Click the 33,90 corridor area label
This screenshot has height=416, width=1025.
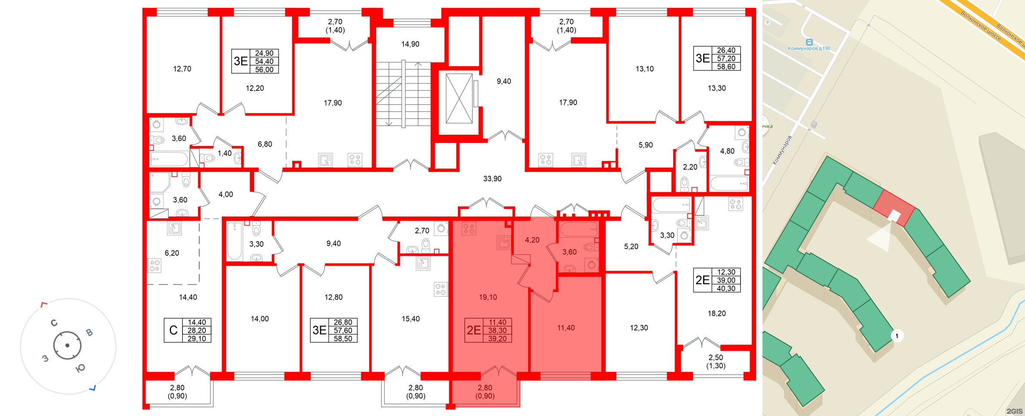coord(492,179)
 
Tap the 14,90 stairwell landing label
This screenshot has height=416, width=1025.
coord(410,44)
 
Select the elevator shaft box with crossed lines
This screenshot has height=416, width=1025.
coord(459,99)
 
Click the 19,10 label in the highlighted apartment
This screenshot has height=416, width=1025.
coord(488,297)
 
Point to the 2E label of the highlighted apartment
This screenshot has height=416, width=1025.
coord(474,330)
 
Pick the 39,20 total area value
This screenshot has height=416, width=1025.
coord(497,339)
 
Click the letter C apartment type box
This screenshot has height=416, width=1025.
coord(173,330)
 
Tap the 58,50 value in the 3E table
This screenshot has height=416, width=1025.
coord(343,339)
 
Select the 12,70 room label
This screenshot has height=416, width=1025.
coord(182,69)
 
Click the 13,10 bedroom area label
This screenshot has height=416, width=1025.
coord(645,69)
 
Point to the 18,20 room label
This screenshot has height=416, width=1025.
coord(716,314)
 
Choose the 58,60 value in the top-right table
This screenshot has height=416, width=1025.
coord(726,67)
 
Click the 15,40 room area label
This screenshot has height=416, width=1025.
coord(411,319)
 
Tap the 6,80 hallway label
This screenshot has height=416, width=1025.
coord(265,144)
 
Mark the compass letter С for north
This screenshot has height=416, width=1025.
coord(54,323)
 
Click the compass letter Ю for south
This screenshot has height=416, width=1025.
coord(80,368)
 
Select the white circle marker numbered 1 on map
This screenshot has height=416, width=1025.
coord(897,336)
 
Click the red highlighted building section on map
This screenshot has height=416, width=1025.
coord(894,208)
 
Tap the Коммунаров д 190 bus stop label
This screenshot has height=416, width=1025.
coord(809,48)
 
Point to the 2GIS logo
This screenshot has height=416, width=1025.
coord(1014,411)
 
